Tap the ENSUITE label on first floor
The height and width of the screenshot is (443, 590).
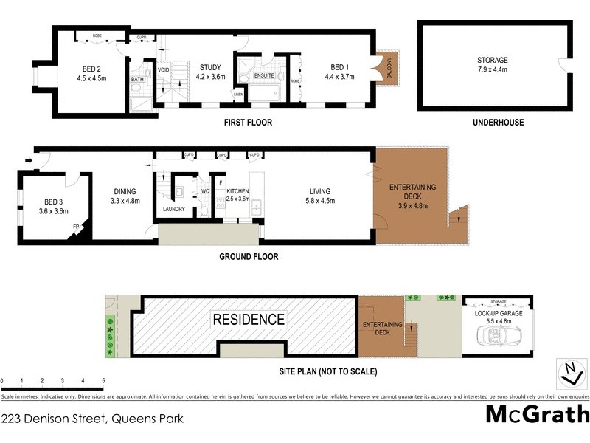(x=264, y=75)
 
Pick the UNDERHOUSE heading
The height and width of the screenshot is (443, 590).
(x=499, y=123)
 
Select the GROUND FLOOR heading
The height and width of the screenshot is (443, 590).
(x=249, y=257)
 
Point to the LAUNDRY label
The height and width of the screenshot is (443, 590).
(x=174, y=209)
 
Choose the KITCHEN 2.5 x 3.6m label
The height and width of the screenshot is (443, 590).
(x=237, y=195)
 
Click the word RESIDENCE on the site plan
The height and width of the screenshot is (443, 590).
(x=249, y=320)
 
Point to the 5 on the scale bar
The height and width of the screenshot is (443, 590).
(x=103, y=382)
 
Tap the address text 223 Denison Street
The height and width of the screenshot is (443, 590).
(x=92, y=419)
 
